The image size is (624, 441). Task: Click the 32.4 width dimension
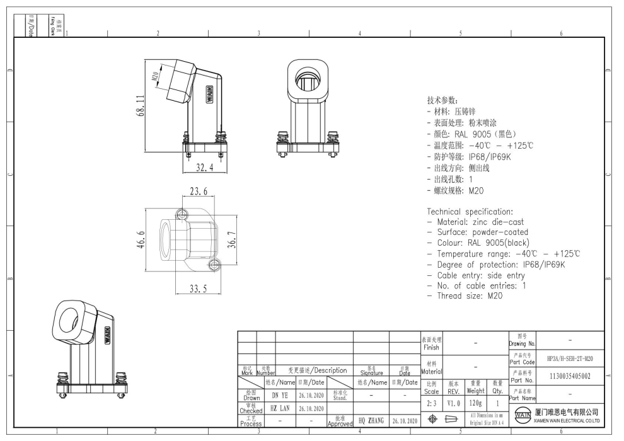click(x=204, y=168)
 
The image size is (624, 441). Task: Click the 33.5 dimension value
click(x=198, y=289)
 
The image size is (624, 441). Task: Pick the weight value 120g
click(x=476, y=401)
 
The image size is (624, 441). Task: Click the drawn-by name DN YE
click(x=280, y=395)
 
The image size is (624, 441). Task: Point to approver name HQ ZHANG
click(x=371, y=420)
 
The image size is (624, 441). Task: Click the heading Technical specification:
click(x=470, y=211)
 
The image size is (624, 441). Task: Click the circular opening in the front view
click(x=309, y=80)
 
